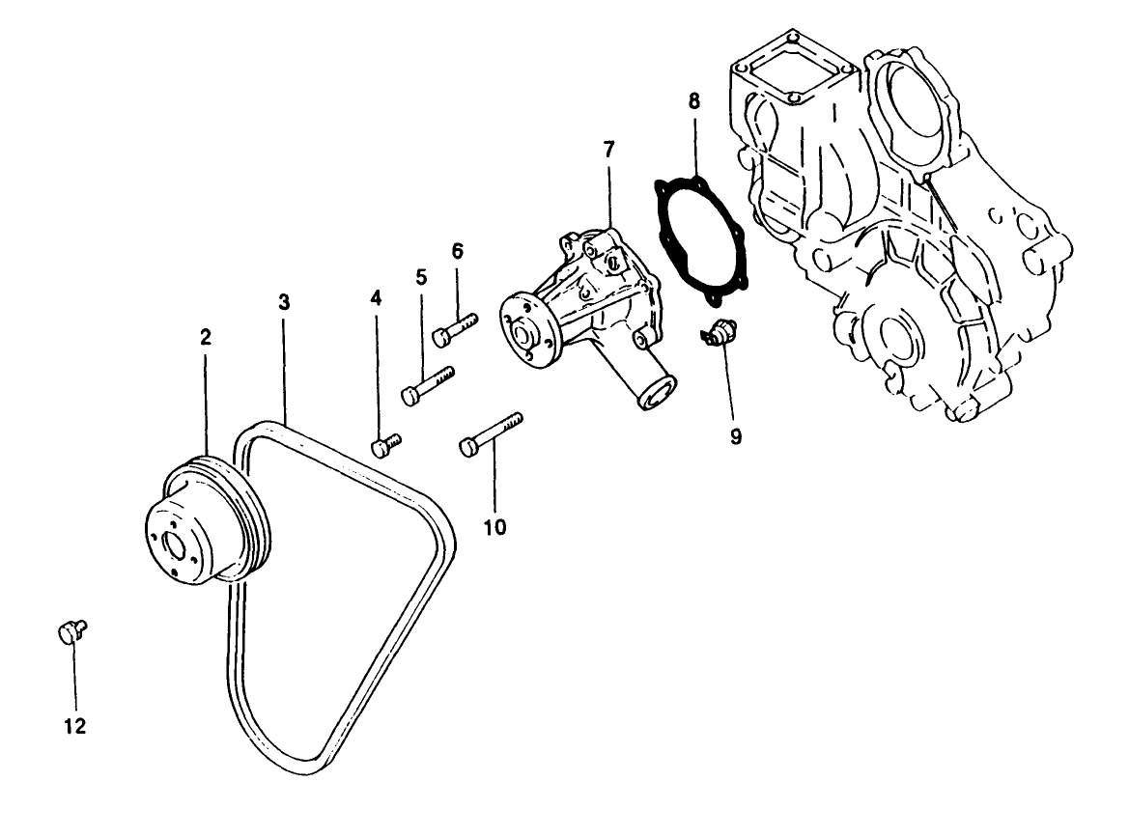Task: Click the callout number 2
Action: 205,337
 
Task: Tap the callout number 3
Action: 284,301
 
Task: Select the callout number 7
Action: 607,150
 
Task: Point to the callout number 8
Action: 694,100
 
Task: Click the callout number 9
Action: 736,436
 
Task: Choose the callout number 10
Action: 494,527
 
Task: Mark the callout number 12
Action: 75,726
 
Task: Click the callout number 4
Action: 376,299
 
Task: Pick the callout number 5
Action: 421,277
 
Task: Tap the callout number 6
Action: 458,251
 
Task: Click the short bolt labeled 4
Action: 385,445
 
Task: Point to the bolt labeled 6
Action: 454,329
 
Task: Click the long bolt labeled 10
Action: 491,433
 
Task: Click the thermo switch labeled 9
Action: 719,331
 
